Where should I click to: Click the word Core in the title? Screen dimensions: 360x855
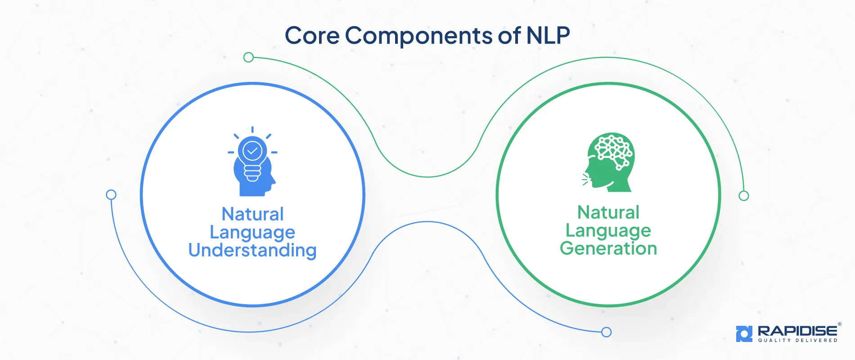(312, 36)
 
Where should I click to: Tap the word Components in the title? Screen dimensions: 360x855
(418, 36)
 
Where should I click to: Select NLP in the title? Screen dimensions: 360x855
(548, 35)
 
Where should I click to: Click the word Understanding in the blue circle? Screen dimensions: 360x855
(252, 251)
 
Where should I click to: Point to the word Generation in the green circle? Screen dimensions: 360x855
(608, 248)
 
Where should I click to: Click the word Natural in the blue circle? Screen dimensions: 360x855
(252, 214)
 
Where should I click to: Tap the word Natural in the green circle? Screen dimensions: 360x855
(608, 212)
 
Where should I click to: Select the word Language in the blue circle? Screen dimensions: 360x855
(252, 233)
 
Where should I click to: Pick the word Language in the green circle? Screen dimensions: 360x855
(608, 231)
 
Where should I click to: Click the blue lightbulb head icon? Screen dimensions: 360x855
(253, 164)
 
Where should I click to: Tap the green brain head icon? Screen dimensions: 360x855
(610, 162)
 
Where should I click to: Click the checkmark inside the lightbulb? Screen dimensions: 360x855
(252, 151)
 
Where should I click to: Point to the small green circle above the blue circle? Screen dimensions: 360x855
(248, 58)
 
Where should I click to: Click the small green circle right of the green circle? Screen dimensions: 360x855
(744, 196)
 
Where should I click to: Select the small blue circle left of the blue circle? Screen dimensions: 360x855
(111, 195)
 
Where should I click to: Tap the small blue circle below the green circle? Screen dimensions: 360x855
(607, 332)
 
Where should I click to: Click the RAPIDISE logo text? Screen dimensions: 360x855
(797, 331)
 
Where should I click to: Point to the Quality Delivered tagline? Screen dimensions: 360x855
(797, 341)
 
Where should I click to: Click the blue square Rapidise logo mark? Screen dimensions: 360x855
(744, 333)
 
